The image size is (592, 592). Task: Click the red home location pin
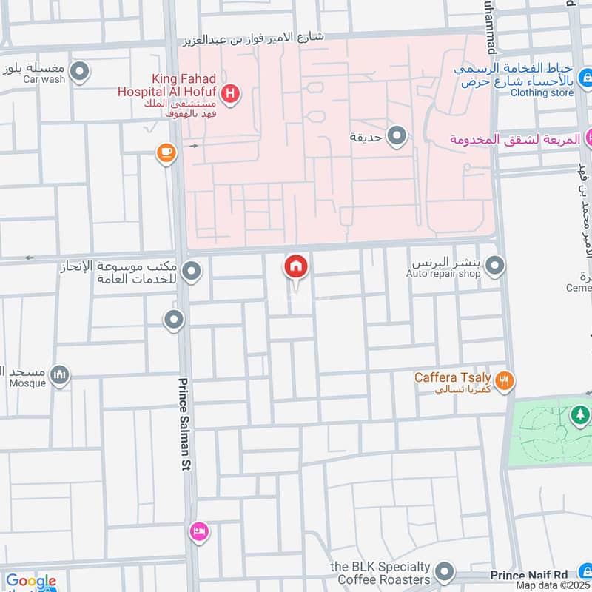coord(295,266)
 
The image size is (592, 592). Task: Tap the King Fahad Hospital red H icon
coord(230,94)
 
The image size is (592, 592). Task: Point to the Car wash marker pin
coord(81,73)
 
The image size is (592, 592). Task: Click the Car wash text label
coord(44,79)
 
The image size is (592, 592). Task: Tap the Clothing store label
coord(542,93)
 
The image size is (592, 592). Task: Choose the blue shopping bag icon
coord(586,75)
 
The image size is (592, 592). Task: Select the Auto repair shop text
coord(443,274)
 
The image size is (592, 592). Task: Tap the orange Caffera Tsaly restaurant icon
coord(505,381)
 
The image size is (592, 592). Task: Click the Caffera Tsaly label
coord(452,377)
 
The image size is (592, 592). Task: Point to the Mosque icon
coord(60,375)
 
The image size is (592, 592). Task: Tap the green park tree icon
coord(579,416)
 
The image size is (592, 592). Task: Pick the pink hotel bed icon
coord(199,531)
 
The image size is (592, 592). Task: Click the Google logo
coord(30,582)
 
